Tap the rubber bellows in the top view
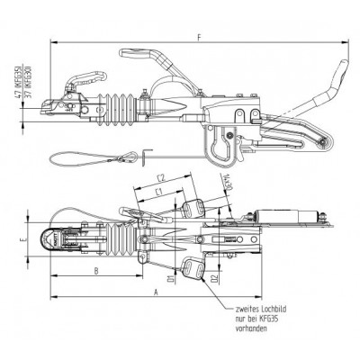click(118, 241)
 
